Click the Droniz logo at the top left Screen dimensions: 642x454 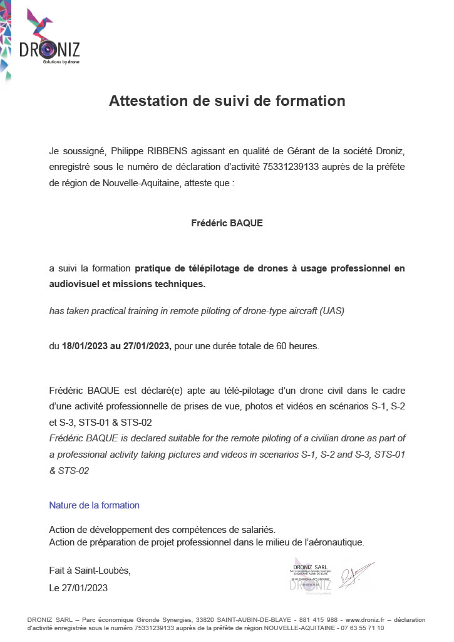[49, 39]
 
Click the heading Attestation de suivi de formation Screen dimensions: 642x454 [227, 101]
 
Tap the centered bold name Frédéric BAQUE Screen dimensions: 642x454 [227, 223]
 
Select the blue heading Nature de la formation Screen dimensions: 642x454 [94, 505]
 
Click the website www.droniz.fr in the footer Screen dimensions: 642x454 [366, 619]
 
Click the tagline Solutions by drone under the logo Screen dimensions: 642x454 [61, 62]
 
